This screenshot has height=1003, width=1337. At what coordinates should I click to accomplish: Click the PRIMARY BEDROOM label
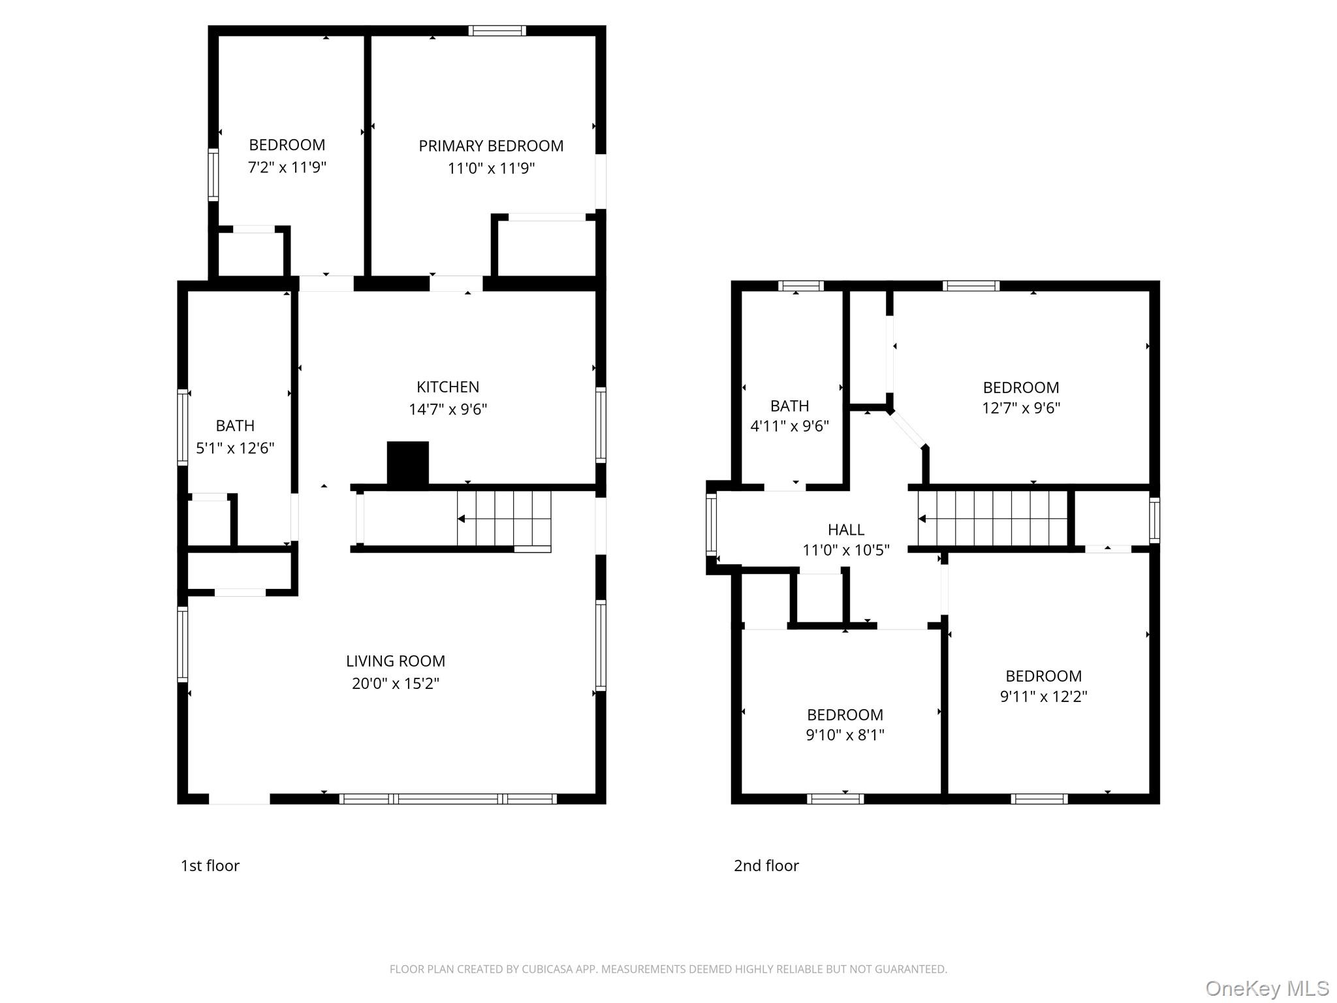pos(491,146)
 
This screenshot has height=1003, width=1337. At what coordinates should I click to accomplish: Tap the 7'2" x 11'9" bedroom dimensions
pos(287,167)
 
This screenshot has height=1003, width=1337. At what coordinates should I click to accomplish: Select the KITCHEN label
pos(448,387)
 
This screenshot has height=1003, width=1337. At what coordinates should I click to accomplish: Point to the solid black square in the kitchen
pos(408,463)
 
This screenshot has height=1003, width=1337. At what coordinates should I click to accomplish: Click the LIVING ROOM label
pos(396,661)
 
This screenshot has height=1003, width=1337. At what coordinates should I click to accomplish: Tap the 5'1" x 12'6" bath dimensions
pos(235,448)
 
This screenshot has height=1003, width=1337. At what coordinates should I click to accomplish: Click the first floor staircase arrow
pos(461,519)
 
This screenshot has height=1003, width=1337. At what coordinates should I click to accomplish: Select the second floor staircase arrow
pos(922,519)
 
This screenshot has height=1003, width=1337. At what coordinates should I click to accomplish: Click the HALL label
pos(846,530)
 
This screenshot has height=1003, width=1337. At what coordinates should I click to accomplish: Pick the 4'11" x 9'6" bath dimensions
pos(790,426)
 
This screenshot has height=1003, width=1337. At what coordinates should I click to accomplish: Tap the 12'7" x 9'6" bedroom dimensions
pos(1021,408)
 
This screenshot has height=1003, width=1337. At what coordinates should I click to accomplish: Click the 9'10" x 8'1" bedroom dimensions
pos(845,735)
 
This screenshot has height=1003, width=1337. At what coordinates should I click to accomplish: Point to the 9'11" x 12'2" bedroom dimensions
pos(1043,697)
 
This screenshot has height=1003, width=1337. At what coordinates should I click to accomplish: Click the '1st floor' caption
pos(210,866)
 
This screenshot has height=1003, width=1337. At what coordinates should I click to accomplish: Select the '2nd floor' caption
pos(766,866)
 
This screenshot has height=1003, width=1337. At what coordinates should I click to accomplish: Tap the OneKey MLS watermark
pos(1266,989)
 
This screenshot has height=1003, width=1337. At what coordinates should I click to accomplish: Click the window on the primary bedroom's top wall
pos(497,31)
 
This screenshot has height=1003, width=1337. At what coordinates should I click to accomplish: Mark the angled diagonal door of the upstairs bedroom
pos(907,429)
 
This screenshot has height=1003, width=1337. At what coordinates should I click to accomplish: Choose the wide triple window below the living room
pos(448,799)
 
